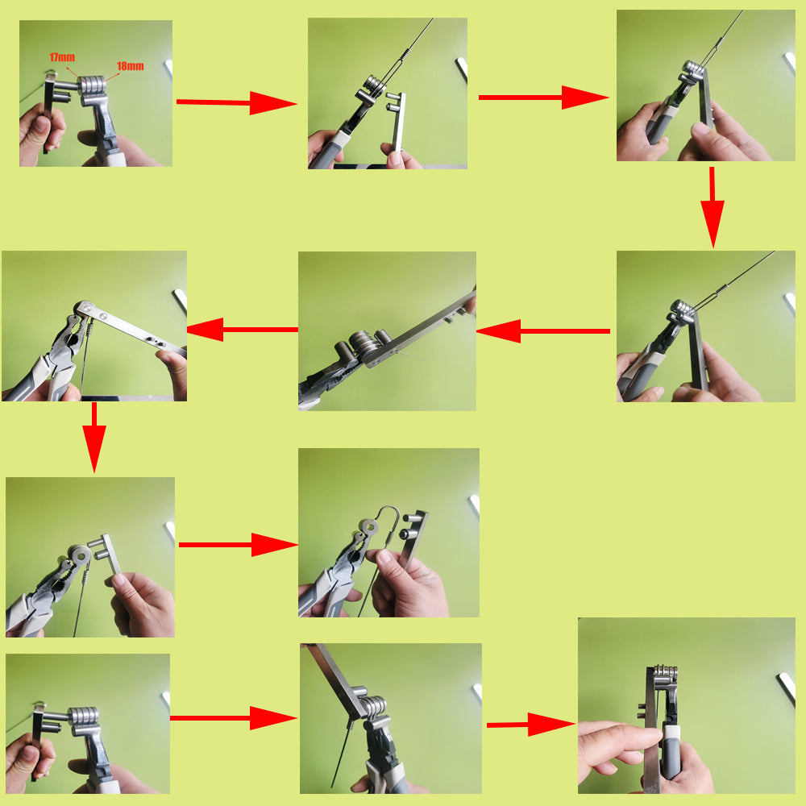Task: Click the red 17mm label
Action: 61,57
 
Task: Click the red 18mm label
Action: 130,66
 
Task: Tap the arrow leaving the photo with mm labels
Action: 236,102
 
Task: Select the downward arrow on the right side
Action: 712,206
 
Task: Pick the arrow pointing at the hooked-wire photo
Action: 238,545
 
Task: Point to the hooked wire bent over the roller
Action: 388,516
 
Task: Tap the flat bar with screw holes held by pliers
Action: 129,326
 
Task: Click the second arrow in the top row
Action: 543,98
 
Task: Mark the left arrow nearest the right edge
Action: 544,330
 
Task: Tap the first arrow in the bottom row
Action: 233,717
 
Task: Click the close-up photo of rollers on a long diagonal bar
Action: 387,330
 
